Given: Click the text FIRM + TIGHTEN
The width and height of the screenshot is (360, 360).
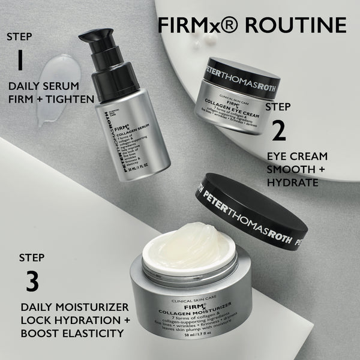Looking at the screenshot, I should (50, 99).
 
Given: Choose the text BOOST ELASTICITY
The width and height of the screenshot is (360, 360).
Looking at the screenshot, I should (68, 333).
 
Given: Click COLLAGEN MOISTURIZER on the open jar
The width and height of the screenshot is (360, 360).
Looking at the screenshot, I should (191, 311).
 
